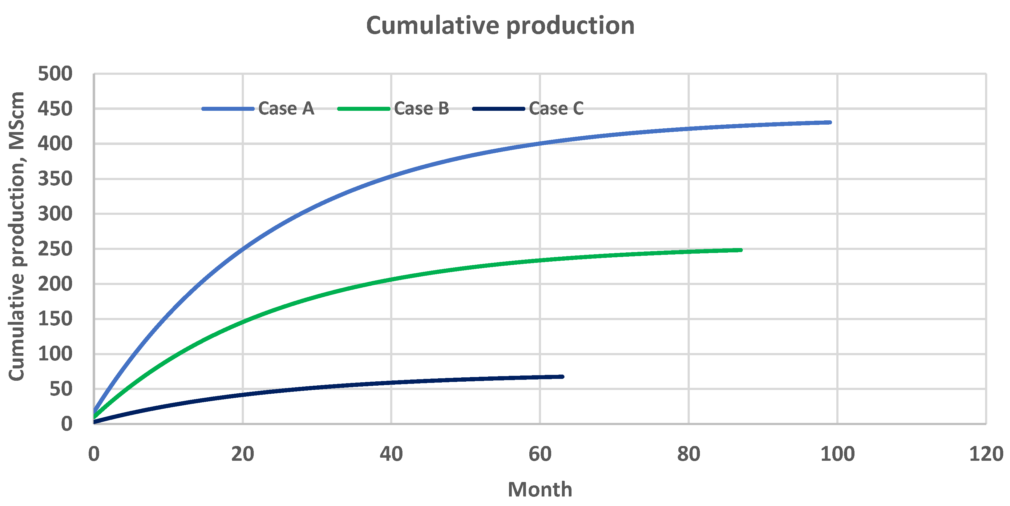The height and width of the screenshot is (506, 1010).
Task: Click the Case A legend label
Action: (286, 109)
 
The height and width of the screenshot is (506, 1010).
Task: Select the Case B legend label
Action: (422, 109)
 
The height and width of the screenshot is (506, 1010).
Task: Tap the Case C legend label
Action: (556, 109)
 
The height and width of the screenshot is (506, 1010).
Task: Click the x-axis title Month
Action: (539, 489)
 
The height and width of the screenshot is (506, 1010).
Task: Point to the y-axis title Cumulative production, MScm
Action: (17, 236)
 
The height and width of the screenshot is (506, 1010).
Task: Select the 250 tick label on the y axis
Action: (55, 249)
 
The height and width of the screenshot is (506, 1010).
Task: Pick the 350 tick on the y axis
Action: (55, 179)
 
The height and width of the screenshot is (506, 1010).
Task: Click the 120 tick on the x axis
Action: (986, 454)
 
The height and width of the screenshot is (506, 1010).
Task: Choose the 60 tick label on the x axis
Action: (539, 454)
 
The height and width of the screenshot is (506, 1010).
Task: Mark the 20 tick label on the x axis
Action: (242, 454)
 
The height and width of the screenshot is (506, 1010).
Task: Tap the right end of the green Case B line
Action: (741, 250)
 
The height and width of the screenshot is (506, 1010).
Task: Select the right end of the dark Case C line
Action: (562, 377)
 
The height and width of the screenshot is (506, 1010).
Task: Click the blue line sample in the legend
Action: (228, 109)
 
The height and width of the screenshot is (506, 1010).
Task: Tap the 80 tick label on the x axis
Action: (689, 454)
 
